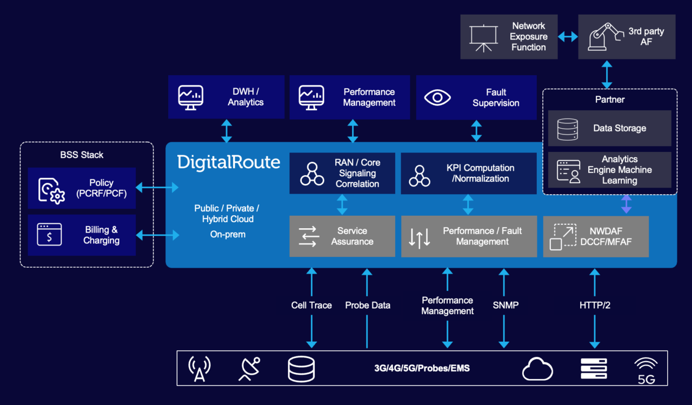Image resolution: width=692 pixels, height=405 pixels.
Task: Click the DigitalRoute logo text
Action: pyautogui.click(x=229, y=162)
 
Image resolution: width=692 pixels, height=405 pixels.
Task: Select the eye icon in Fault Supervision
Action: pyautogui.click(x=437, y=97)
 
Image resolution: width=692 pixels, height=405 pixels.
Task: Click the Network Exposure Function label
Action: pyautogui.click(x=528, y=37)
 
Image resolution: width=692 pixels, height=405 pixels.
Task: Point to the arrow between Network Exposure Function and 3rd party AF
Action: pyautogui.click(x=568, y=37)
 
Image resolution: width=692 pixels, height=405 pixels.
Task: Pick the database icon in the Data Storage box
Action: pyautogui.click(x=568, y=129)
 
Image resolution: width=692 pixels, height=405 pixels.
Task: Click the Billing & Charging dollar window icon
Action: pyautogui.click(x=49, y=235)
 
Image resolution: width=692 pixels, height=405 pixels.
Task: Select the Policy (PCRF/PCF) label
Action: pyautogui.click(x=101, y=188)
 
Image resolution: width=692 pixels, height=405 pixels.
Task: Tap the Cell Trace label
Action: pyautogui.click(x=311, y=306)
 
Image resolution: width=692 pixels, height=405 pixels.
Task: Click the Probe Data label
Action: pyautogui.click(x=368, y=306)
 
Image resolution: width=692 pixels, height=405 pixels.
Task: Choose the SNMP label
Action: pyautogui.click(x=505, y=306)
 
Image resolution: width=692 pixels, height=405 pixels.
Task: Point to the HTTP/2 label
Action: pyautogui.click(x=595, y=306)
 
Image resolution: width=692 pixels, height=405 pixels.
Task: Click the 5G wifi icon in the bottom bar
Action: pyautogui.click(x=646, y=370)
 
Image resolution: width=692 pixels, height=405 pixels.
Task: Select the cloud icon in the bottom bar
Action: pyautogui.click(x=537, y=370)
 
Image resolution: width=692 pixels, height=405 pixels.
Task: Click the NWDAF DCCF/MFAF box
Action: pyautogui.click(x=596, y=236)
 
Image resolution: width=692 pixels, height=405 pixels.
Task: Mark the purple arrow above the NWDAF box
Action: pyautogui.click(x=626, y=205)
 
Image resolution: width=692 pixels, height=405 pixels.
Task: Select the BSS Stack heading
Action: pyautogui.click(x=82, y=155)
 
